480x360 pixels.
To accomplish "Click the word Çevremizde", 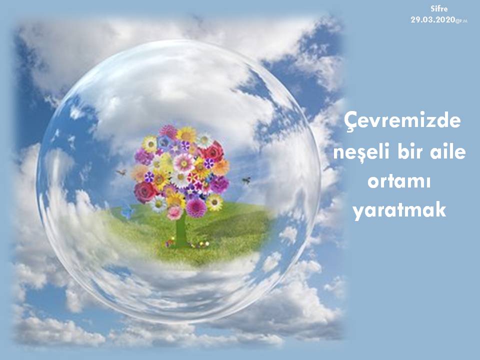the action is click(402, 120).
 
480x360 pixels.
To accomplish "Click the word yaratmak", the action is click(399, 210).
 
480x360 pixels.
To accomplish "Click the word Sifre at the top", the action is click(439, 9).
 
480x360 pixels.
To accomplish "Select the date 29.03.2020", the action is click(433, 20).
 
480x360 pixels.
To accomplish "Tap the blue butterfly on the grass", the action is click(127, 211).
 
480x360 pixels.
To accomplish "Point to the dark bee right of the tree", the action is click(246, 180).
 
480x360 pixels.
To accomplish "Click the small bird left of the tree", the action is click(121, 172).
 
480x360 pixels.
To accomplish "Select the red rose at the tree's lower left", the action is click(145, 192).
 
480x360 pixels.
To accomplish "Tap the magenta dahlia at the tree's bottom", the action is click(196, 208).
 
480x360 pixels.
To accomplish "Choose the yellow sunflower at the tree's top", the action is click(186, 134).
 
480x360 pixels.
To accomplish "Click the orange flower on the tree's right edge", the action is click(221, 167).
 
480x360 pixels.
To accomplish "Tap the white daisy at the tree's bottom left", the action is click(159, 204).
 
